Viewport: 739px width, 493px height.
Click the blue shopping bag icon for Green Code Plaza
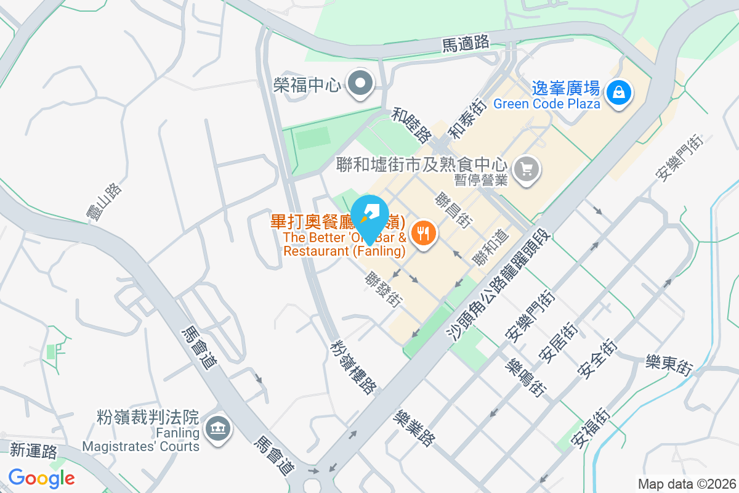(x=617, y=93)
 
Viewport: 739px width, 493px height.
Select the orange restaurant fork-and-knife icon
(x=423, y=233)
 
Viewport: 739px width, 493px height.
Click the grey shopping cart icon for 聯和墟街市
(x=527, y=168)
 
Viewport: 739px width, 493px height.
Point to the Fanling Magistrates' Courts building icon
(x=216, y=427)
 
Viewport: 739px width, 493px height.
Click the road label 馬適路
(x=466, y=43)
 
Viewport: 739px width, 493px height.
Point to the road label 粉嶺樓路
(x=354, y=367)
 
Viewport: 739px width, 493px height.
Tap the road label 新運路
(x=34, y=451)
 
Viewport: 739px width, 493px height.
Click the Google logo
(x=41, y=478)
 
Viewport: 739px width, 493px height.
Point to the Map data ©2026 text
(x=686, y=484)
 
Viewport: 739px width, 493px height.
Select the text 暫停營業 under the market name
(x=480, y=180)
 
